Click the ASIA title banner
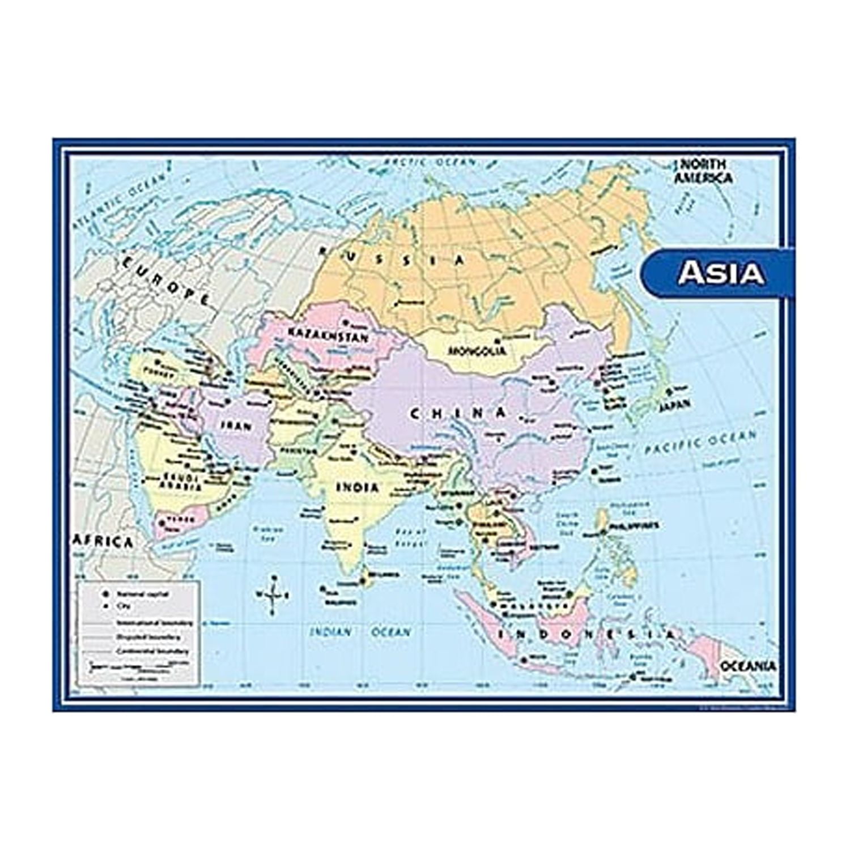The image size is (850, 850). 721,273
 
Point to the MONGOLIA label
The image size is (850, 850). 477,351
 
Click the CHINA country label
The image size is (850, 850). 458,413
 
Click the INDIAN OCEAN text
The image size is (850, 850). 360,632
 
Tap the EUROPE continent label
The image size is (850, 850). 165,280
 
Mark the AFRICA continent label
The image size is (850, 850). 104,542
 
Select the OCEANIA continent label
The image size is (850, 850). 748,666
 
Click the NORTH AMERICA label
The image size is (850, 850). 703,171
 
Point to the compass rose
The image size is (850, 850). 273,595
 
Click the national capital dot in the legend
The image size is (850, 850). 104,593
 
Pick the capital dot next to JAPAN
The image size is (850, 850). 669,391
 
